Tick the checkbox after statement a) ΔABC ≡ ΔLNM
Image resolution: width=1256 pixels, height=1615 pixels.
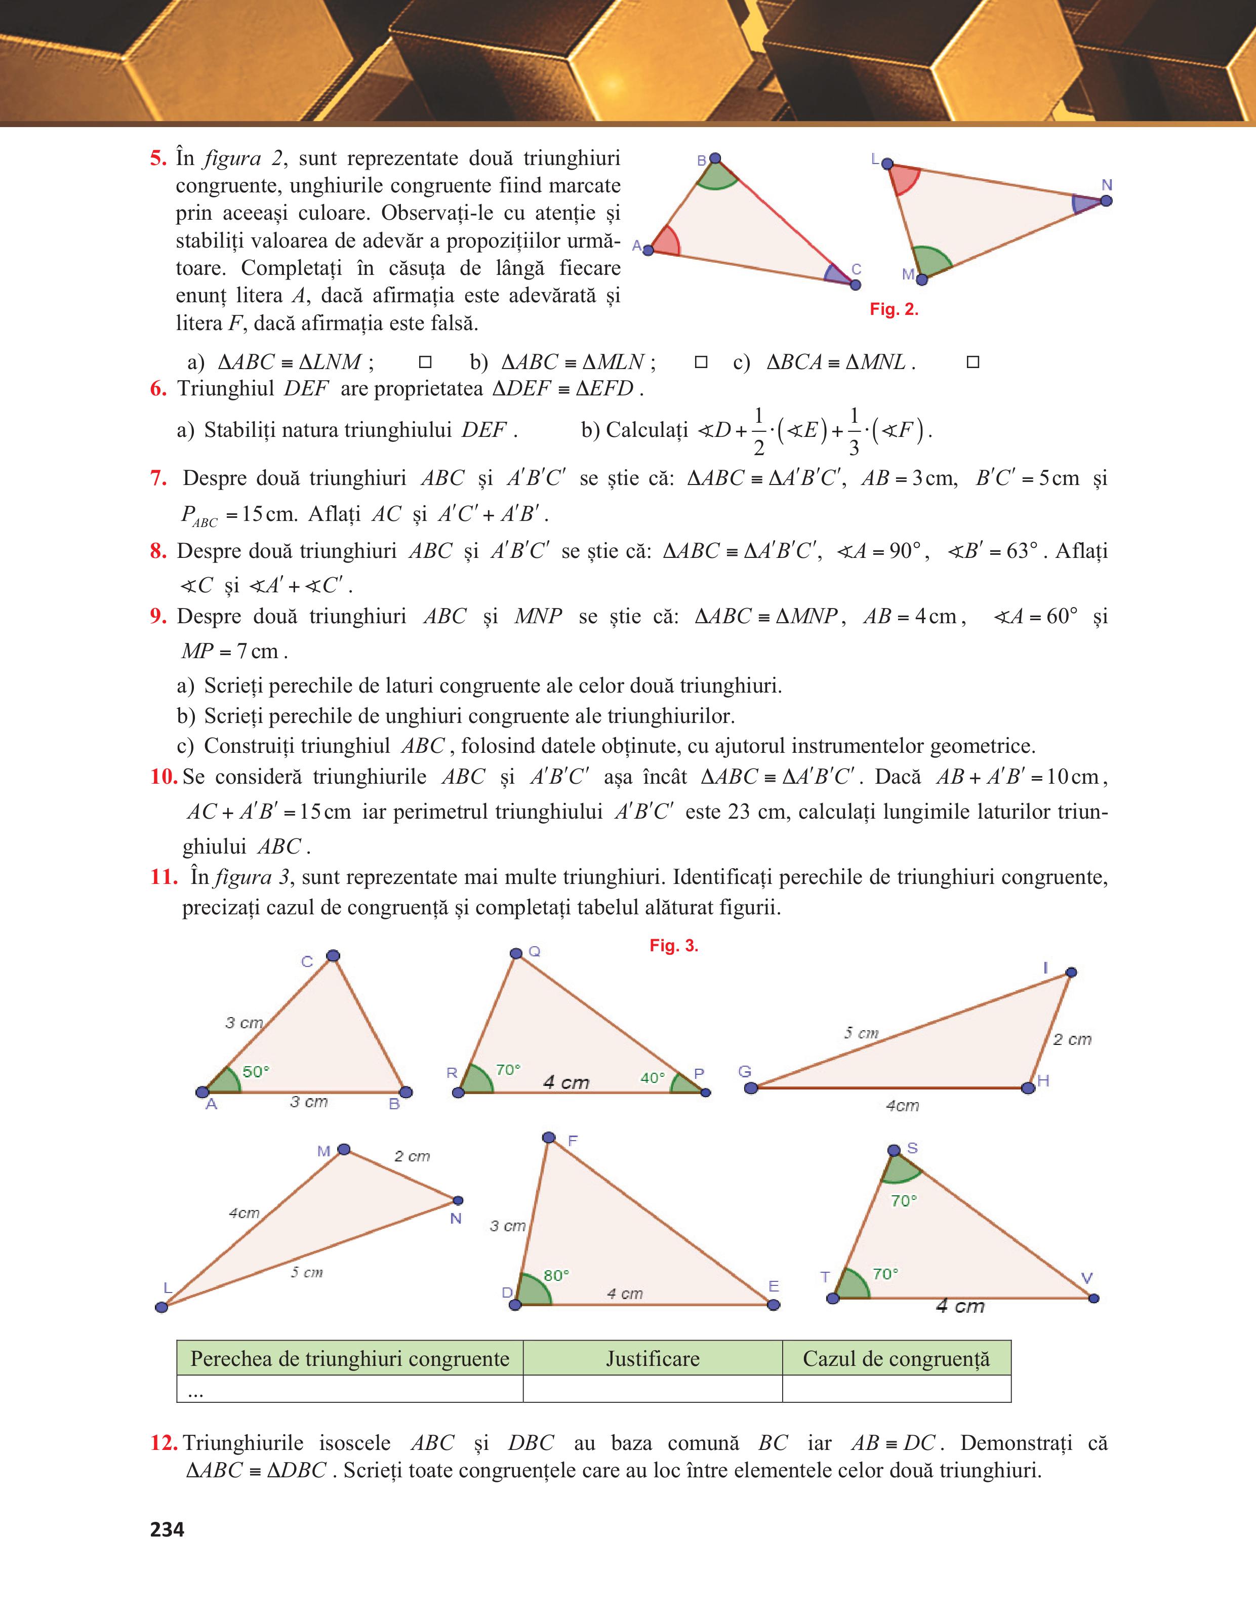[425, 362]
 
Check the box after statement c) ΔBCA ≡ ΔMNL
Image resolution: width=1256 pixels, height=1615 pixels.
[973, 362]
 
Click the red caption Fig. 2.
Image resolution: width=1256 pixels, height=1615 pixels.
[894, 310]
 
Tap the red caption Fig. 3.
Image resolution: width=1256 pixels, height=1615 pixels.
[673, 946]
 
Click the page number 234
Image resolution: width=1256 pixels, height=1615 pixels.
[167, 1529]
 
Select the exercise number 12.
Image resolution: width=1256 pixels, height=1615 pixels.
[164, 1443]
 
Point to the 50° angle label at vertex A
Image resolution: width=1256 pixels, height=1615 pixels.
[256, 1071]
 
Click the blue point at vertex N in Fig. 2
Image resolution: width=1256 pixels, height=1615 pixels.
[1106, 200]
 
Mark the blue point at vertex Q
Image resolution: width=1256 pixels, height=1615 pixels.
[516, 953]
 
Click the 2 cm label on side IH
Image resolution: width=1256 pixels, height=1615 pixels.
[1072, 1040]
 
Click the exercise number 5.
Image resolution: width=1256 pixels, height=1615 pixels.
[158, 158]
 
